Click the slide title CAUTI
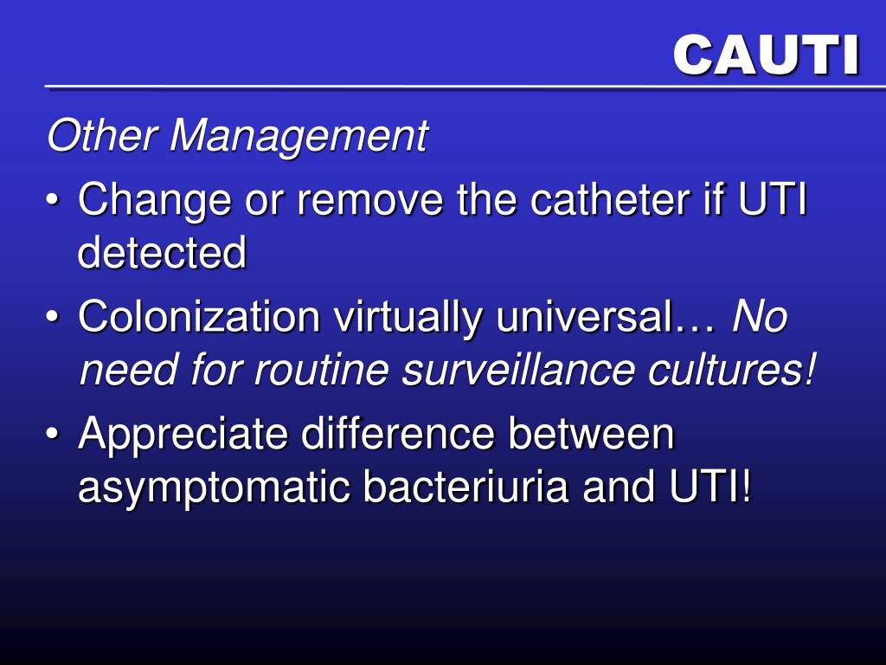[766, 55]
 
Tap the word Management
[299, 136]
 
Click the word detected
[162, 253]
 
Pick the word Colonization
[199, 317]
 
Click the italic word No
[760, 317]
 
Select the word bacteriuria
[465, 487]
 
